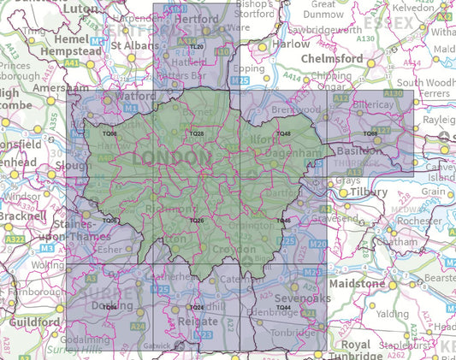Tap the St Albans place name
(130, 44)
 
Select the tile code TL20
(197, 46)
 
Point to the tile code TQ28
(197, 134)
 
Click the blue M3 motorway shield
(47, 248)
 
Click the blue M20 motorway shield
(317, 245)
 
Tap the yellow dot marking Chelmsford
(371, 63)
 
